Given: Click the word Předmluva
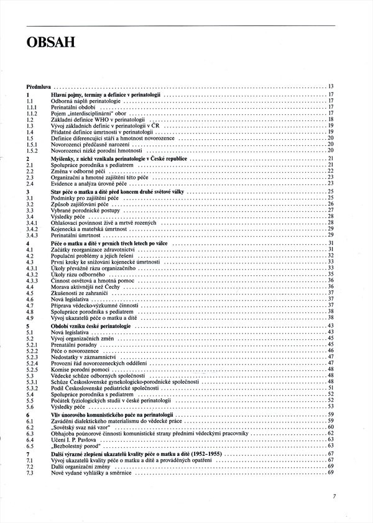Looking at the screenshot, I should [x=38, y=85].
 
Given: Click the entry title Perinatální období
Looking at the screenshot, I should [x=72, y=106].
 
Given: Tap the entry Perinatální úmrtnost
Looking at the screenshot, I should [x=75, y=234].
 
